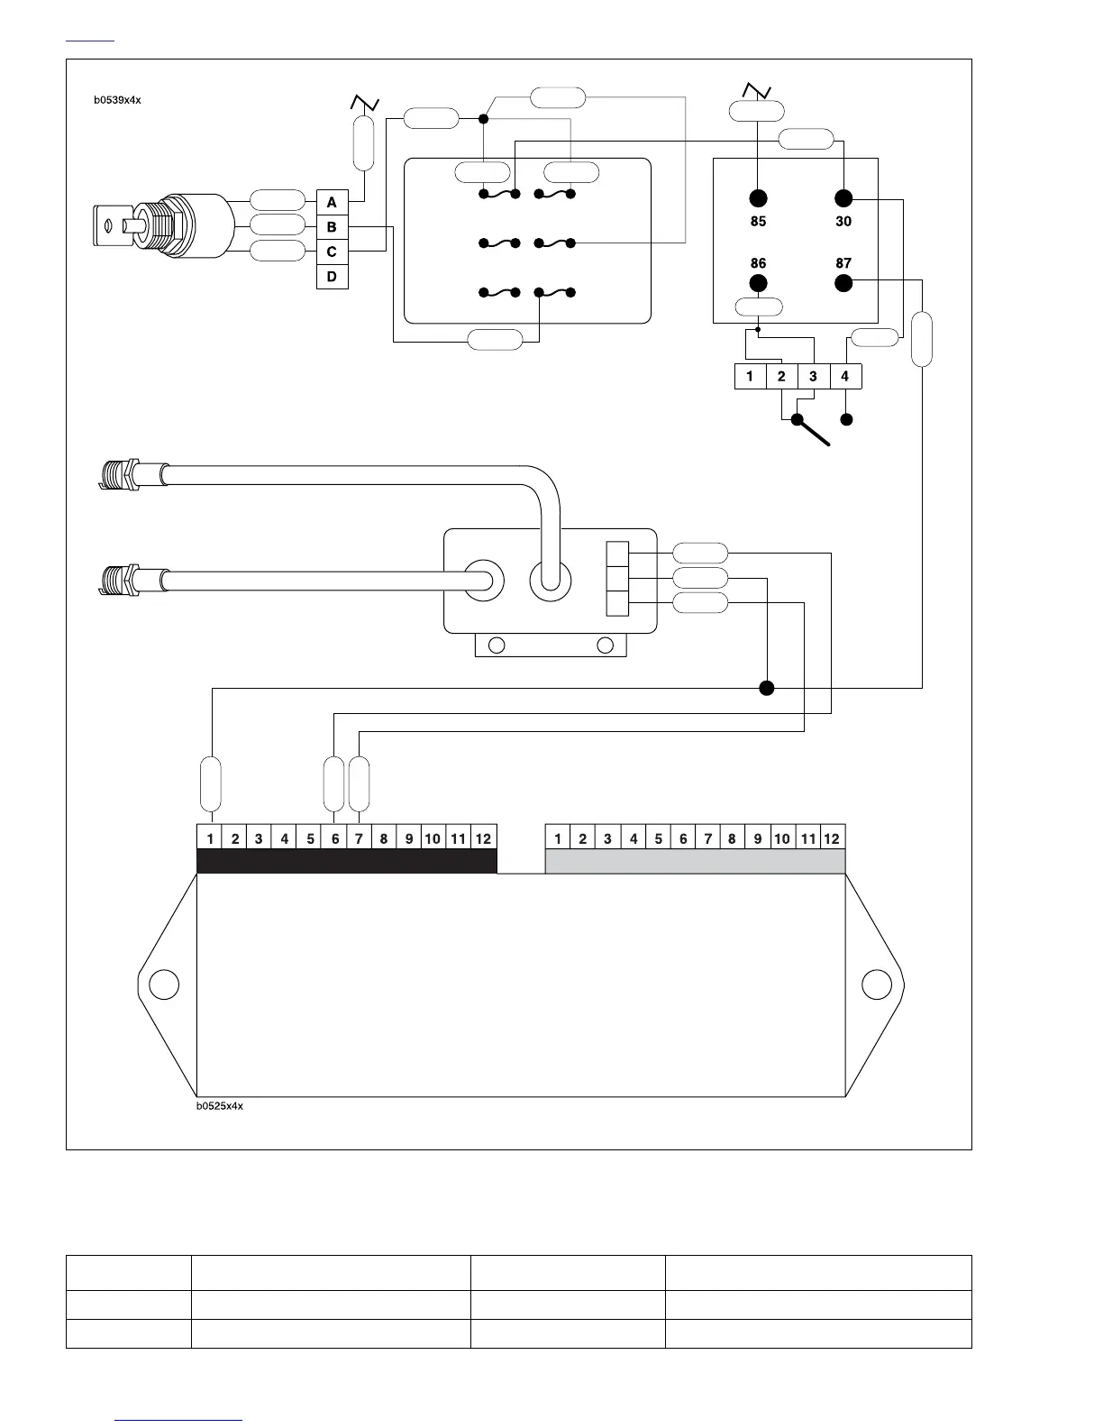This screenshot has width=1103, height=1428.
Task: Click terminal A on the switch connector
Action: pyautogui.click(x=332, y=203)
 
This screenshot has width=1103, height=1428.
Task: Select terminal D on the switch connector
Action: pyautogui.click(x=332, y=277)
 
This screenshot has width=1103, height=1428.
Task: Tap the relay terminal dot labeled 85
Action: pyautogui.click(x=758, y=198)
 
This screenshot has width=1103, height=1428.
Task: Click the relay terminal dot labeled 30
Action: pyautogui.click(x=843, y=198)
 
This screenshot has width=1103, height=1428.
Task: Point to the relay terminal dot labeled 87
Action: pyautogui.click(x=843, y=283)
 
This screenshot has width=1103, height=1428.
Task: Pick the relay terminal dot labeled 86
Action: pyautogui.click(x=758, y=283)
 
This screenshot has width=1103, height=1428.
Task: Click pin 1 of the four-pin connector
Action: pyautogui.click(x=750, y=376)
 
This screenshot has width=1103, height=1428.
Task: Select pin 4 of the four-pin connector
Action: pyautogui.click(x=845, y=376)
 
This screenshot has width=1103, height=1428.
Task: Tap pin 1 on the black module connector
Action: pyautogui.click(x=210, y=838)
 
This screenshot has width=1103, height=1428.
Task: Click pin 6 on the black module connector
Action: pyautogui.click(x=335, y=838)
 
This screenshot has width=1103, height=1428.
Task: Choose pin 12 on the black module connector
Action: pyautogui.click(x=484, y=838)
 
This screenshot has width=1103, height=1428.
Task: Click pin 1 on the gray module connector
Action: pyautogui.click(x=558, y=838)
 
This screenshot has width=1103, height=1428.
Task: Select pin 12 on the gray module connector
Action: pyautogui.click(x=832, y=838)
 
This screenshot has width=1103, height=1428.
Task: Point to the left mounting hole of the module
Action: pyautogui.click(x=164, y=984)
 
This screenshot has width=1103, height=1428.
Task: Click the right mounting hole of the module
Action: pyautogui.click(x=877, y=984)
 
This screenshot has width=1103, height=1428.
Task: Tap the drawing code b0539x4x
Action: pyautogui.click(x=117, y=100)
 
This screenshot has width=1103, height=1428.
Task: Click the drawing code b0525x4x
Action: pyautogui.click(x=220, y=1106)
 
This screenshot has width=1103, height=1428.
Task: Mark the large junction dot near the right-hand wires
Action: pyautogui.click(x=767, y=689)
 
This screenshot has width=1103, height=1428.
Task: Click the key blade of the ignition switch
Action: pyautogui.click(x=107, y=224)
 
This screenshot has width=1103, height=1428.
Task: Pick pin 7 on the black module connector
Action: pyautogui.click(x=359, y=838)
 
